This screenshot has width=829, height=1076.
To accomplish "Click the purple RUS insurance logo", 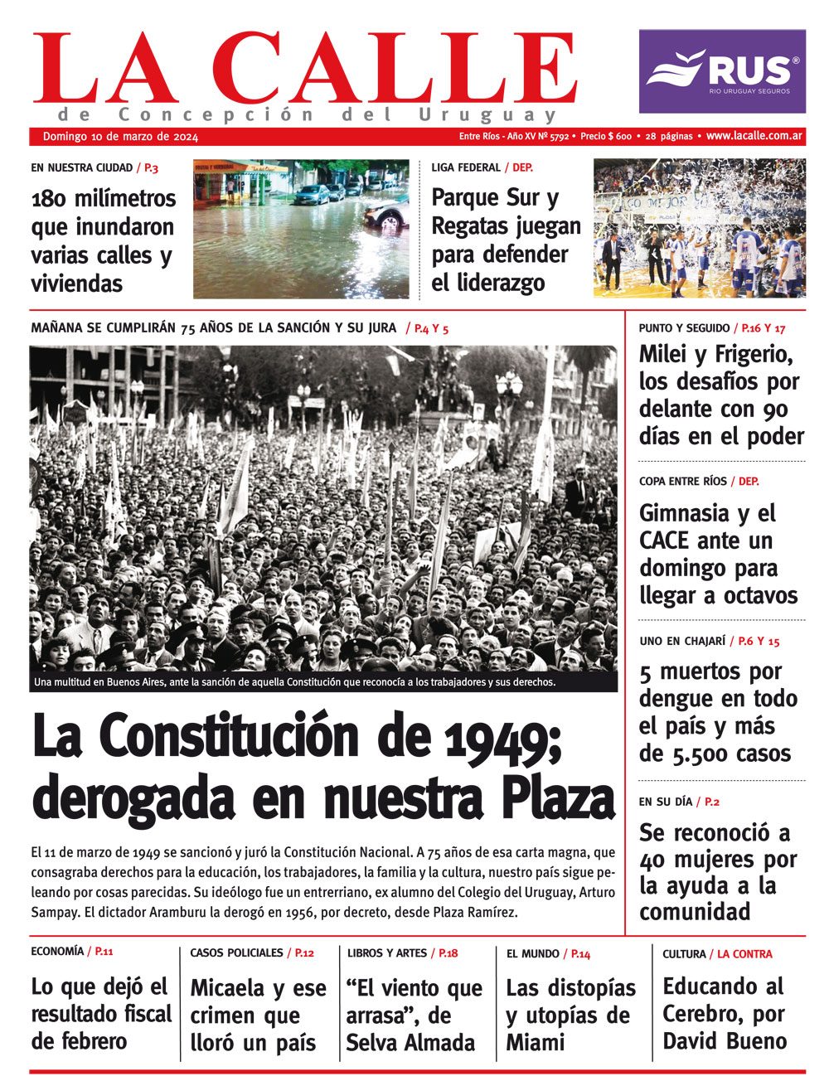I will click(721, 71).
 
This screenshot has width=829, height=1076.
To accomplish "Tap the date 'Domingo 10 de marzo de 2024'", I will click(120, 137).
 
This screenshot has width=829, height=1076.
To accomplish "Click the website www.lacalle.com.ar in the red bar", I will click(754, 136).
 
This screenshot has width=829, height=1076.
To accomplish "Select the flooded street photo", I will click(301, 229).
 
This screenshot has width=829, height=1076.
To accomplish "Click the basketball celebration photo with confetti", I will click(699, 228).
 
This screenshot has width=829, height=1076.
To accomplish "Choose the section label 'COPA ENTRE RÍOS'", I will click(682, 481).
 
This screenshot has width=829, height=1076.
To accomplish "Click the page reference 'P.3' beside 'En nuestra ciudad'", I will click(151, 167).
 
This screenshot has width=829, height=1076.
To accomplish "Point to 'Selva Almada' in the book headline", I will click(410, 1042).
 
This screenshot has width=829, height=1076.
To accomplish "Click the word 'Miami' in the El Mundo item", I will click(536, 1042).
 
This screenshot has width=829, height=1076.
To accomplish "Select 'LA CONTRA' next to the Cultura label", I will click(744, 954).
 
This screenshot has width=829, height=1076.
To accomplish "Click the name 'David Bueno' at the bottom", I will click(725, 1041).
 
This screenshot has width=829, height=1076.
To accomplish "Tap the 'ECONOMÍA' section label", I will click(56, 952).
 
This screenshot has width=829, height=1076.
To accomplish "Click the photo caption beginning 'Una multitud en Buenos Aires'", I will click(294, 683).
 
